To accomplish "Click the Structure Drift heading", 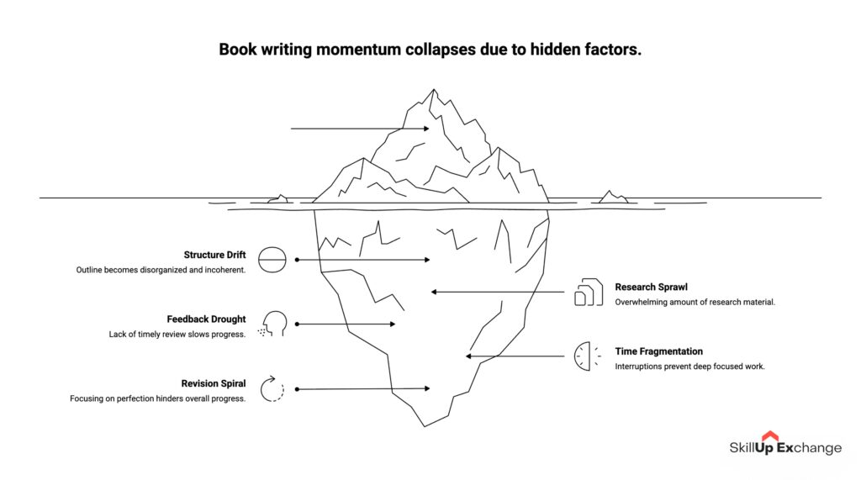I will (214, 255).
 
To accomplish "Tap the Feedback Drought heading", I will (206, 319).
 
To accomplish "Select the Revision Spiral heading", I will (214, 383).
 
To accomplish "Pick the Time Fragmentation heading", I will (658, 351).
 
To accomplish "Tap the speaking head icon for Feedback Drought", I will (273, 324).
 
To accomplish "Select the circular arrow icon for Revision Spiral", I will (272, 389).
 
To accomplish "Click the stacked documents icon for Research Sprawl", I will (589, 292).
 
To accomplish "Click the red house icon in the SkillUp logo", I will (770, 436).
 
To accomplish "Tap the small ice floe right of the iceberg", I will (612, 198).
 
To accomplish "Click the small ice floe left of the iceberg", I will (278, 200).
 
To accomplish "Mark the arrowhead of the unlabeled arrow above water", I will (426, 129).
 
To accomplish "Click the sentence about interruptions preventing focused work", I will (689, 367).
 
